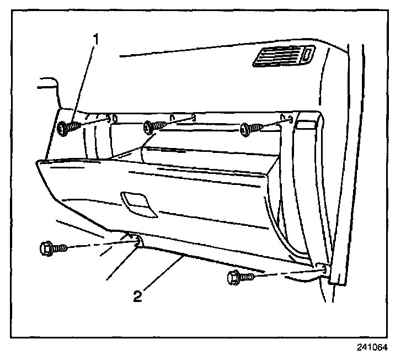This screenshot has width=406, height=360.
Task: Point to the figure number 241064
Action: click(373, 348)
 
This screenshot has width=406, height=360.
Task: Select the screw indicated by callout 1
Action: click(67, 128)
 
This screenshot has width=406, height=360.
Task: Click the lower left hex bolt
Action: click(53, 248)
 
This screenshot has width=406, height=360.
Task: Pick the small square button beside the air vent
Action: click(308, 54)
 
